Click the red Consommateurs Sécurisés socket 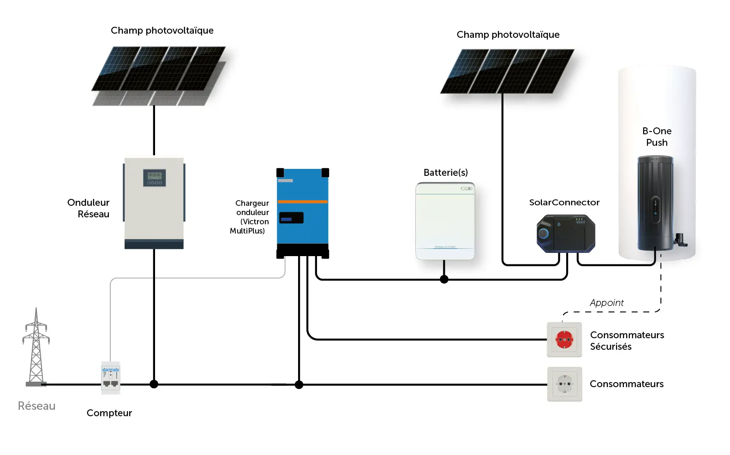point(564,340)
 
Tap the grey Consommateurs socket point(564,384)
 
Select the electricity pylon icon point(36,347)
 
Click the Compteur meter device point(111,377)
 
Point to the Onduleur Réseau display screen point(154,177)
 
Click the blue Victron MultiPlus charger point(303,212)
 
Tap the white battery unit point(445,222)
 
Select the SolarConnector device point(566,233)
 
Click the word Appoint point(606,303)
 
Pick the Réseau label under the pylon point(36,406)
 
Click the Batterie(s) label point(445,173)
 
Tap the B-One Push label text point(657,137)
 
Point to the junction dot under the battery point(444,279)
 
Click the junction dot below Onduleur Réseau point(154,384)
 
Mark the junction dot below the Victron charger point(299,384)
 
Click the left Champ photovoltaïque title point(162,30)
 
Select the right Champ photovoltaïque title point(508,35)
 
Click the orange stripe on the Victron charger point(303,202)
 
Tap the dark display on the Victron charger point(291,218)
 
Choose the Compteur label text point(109,413)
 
